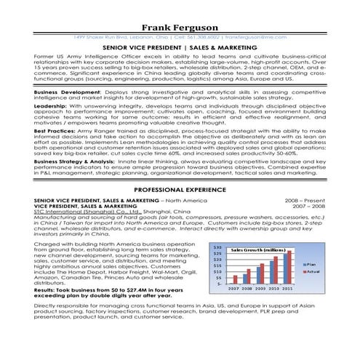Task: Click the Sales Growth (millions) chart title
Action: (257, 249)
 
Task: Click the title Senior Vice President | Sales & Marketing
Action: (180, 45)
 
